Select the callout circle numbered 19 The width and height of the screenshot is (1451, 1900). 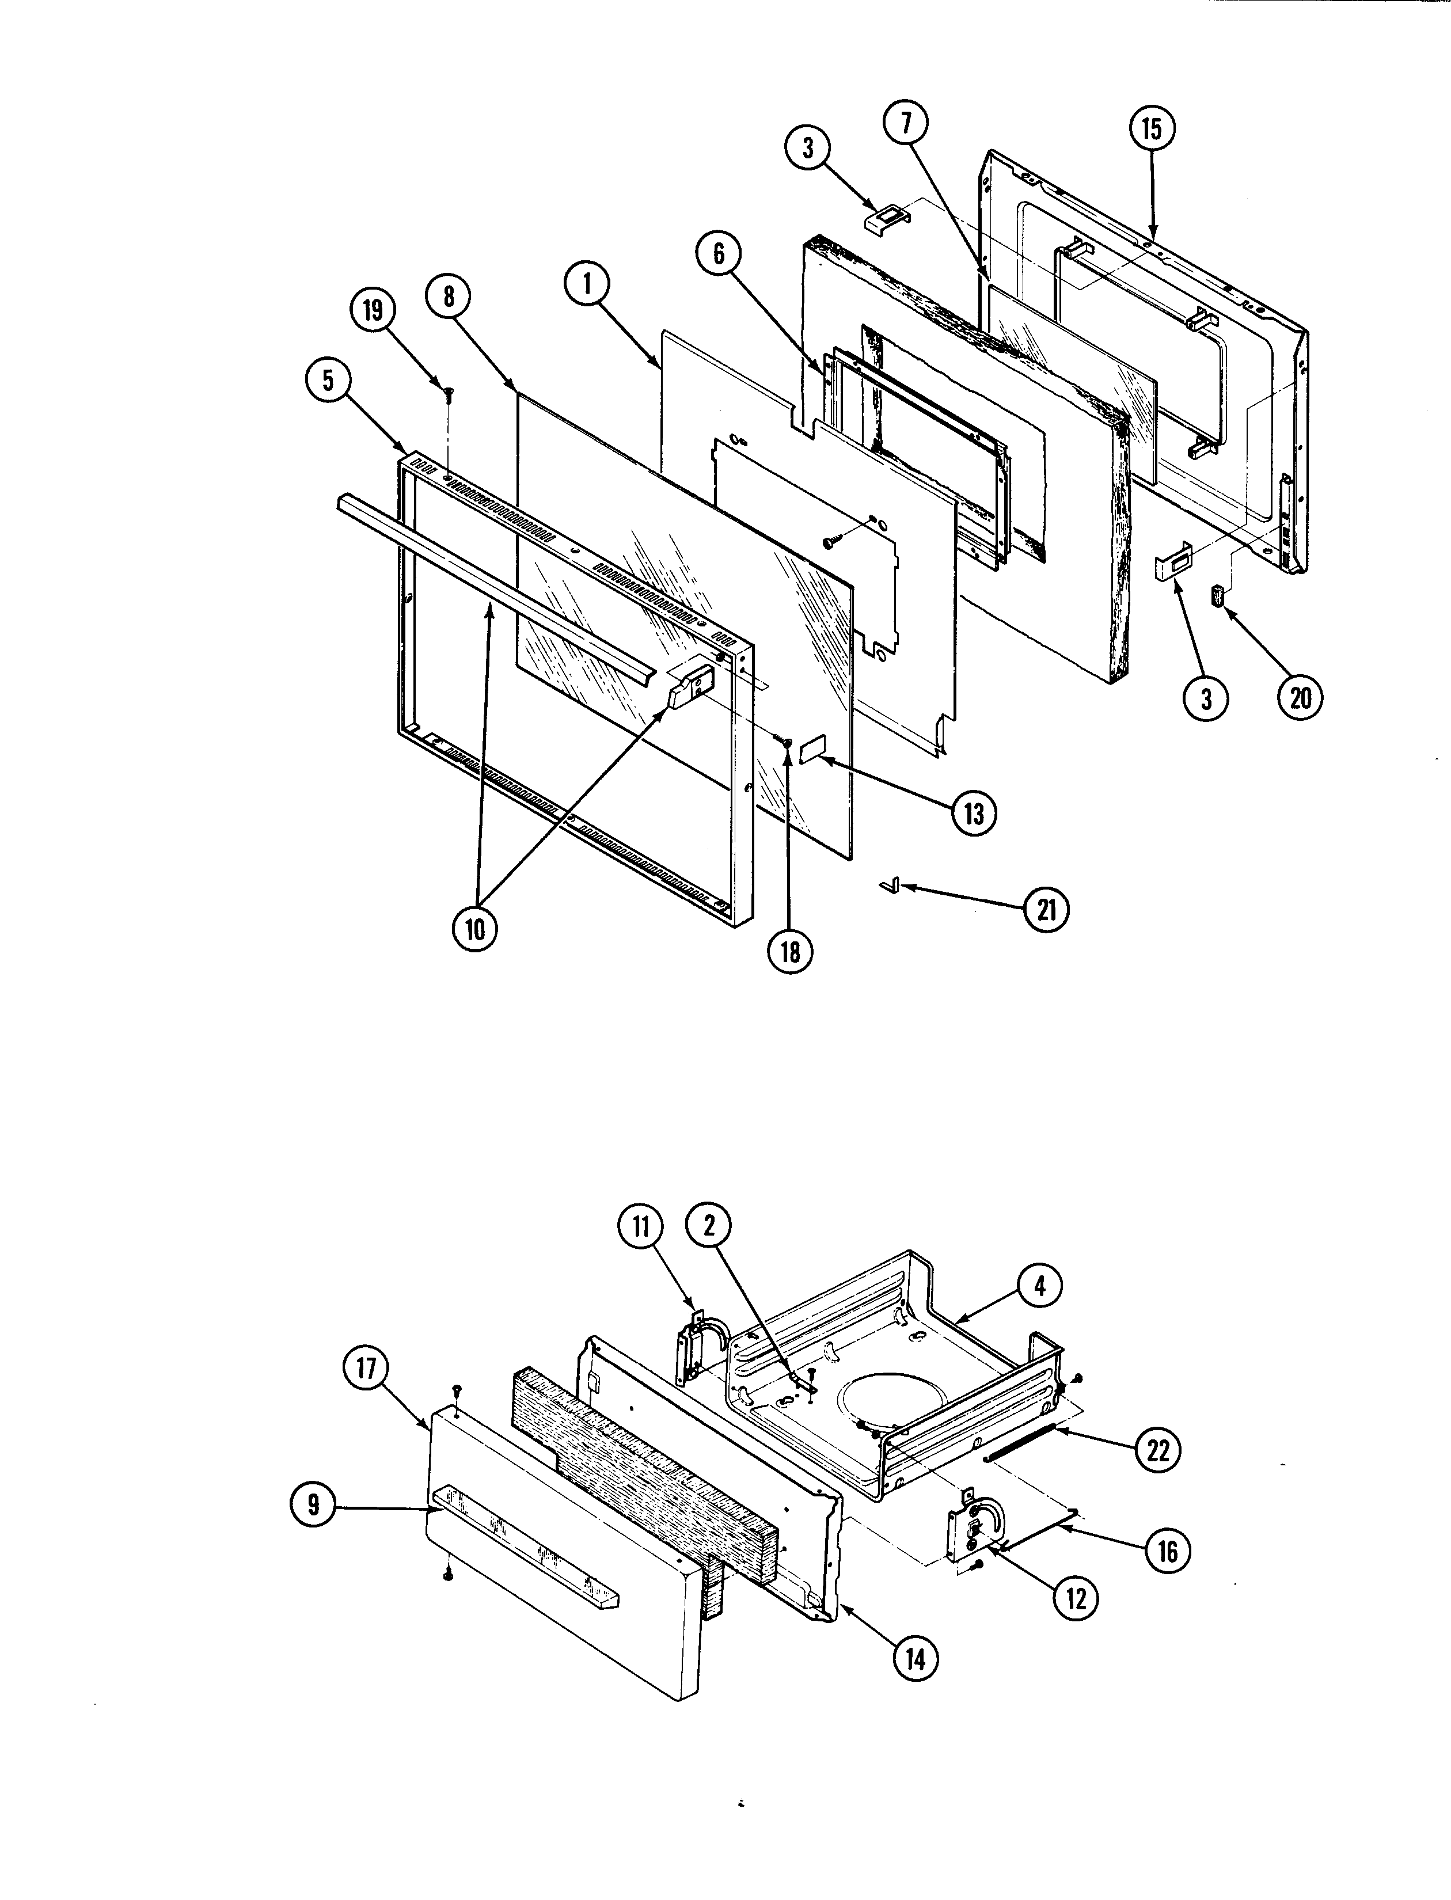(x=373, y=310)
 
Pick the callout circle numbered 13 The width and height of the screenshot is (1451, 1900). (x=974, y=813)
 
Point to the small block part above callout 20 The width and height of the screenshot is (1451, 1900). (x=1218, y=596)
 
